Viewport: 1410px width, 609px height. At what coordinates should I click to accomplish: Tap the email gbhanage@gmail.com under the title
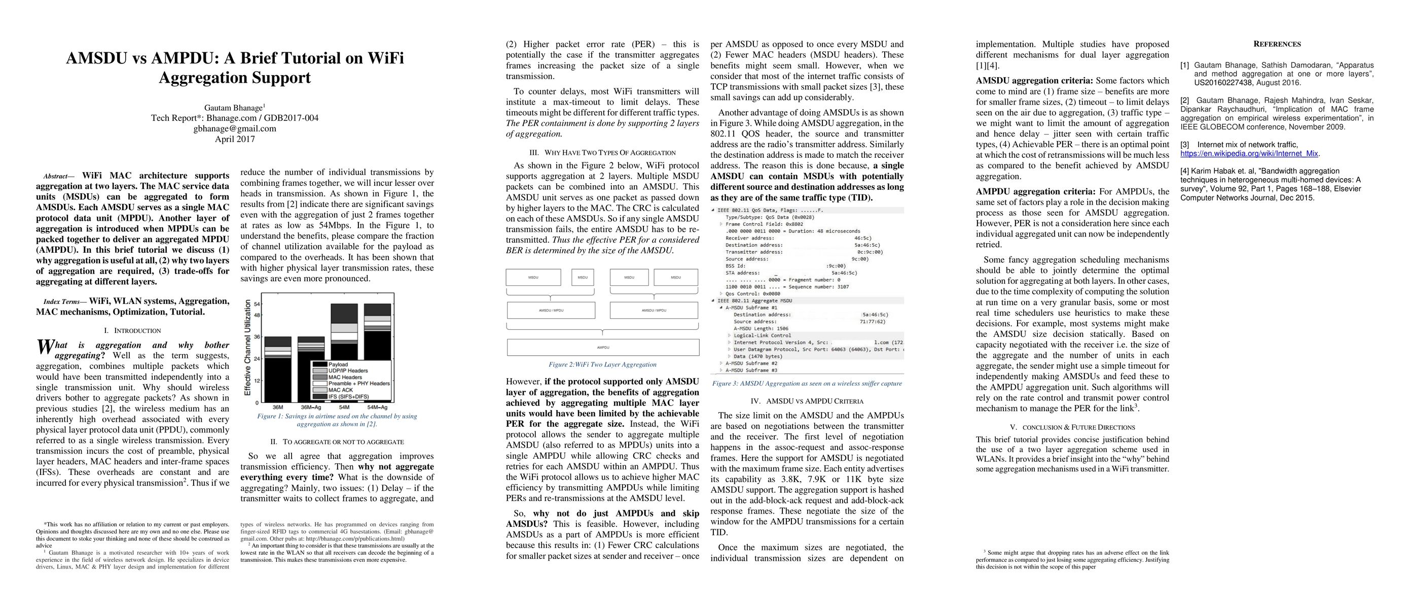235,129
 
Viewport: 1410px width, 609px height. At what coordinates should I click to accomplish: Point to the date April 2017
235,139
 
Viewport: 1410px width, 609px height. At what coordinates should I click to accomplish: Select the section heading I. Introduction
132,331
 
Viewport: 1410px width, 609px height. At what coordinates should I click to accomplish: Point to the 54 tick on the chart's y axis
257,304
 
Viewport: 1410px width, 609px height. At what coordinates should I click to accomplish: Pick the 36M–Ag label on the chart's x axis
311,408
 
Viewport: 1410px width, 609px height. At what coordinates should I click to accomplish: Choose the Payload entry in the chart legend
338,364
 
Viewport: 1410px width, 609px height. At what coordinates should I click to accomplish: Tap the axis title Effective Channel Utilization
248,348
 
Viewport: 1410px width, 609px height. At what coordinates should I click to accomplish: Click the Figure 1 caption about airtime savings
337,420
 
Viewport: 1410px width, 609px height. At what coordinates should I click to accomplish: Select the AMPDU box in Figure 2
603,347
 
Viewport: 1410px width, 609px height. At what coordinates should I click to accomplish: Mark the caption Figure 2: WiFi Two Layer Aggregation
602,365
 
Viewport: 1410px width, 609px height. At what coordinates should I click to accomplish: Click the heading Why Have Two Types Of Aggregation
602,153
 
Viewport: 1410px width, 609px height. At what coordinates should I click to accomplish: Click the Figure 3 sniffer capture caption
807,383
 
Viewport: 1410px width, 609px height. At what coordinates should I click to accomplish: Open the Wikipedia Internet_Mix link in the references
1249,154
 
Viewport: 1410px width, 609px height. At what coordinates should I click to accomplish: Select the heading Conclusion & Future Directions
1072,427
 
